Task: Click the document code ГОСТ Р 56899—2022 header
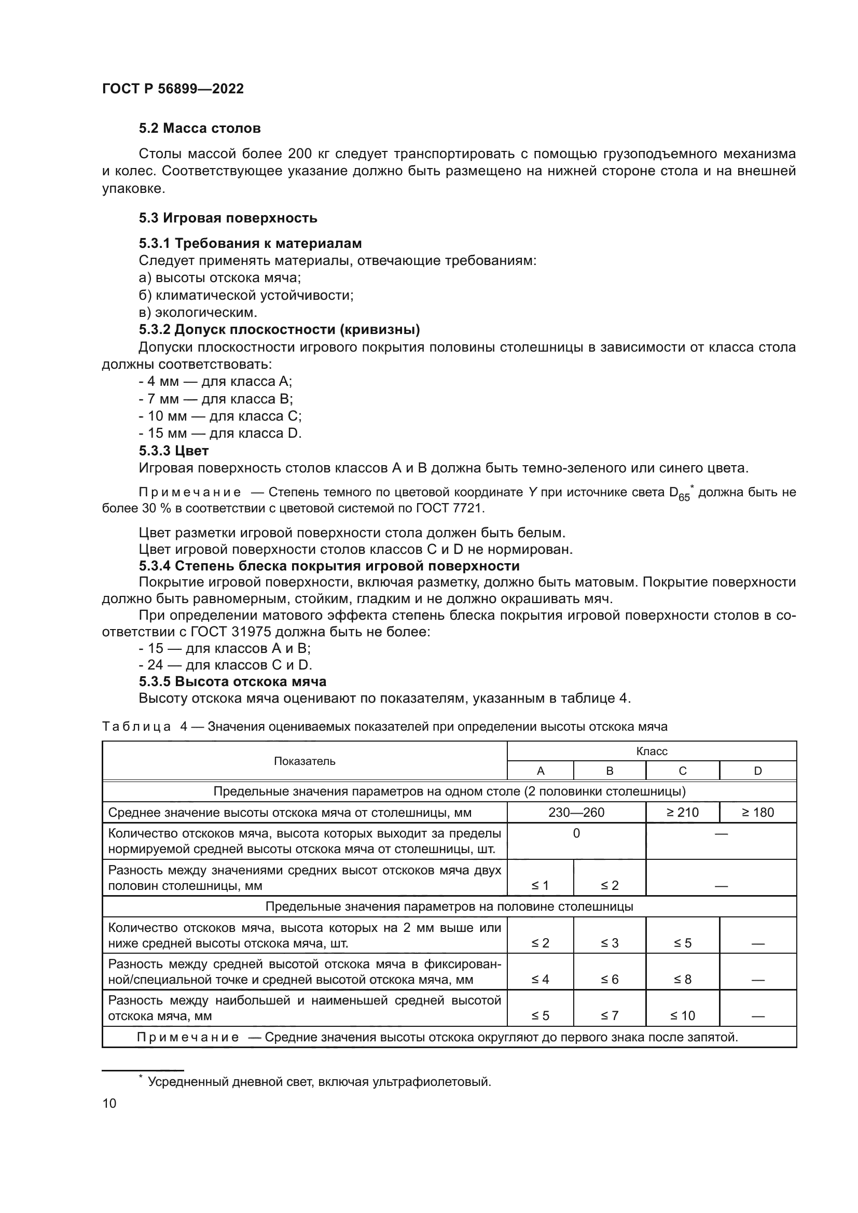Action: (173, 89)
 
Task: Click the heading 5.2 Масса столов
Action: (200, 129)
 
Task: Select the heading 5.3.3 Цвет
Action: (174, 451)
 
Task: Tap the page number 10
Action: (109, 1103)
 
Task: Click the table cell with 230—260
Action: (576, 812)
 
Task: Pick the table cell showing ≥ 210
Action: (682, 812)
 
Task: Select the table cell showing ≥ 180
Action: (757, 812)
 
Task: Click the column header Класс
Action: (652, 751)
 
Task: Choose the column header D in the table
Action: (757, 771)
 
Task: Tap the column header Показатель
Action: (305, 761)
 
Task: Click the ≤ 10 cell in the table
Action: (682, 1015)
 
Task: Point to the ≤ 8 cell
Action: (682, 979)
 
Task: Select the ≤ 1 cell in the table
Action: (540, 885)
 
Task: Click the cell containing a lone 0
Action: (576, 833)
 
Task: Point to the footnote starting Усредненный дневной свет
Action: (319, 1081)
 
